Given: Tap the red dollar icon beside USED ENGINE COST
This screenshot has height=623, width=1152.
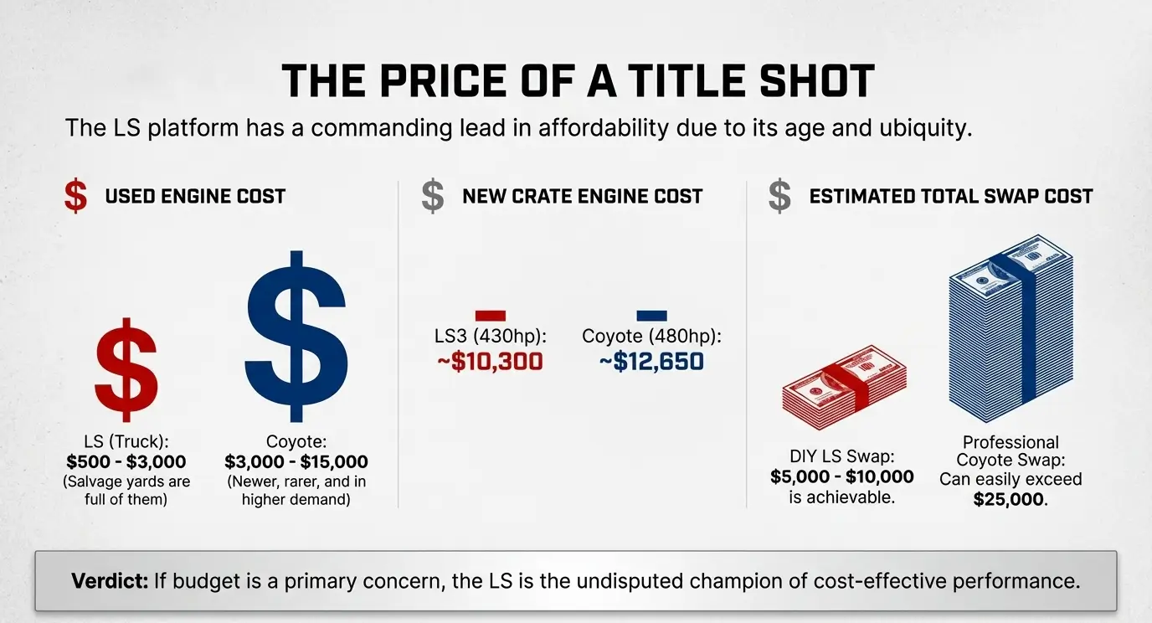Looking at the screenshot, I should pos(75,196).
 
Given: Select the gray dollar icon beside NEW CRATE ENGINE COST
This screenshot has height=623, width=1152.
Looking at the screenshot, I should pos(433,196).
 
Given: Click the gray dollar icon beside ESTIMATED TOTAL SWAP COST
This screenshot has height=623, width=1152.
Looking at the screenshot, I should pos(779,196).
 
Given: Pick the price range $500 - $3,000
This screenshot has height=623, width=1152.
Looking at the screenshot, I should pos(126,462).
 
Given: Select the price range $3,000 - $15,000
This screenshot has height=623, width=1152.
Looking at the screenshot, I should pos(296,462).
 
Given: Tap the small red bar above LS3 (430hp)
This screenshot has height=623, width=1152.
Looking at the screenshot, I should pos(490,316).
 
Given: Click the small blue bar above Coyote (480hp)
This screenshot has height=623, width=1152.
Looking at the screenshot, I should pos(651,316).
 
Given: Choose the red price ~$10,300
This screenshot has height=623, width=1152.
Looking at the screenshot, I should pos(491,363).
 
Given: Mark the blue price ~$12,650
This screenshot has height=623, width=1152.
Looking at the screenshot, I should pos(651,363).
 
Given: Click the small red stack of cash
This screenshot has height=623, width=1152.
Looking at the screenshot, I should pos(844,388).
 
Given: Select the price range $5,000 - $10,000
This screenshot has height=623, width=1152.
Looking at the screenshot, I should pos(842,477).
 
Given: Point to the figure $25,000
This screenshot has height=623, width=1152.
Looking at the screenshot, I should pos(1011,500).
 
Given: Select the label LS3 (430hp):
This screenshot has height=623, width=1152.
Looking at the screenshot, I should pos(491,337).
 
